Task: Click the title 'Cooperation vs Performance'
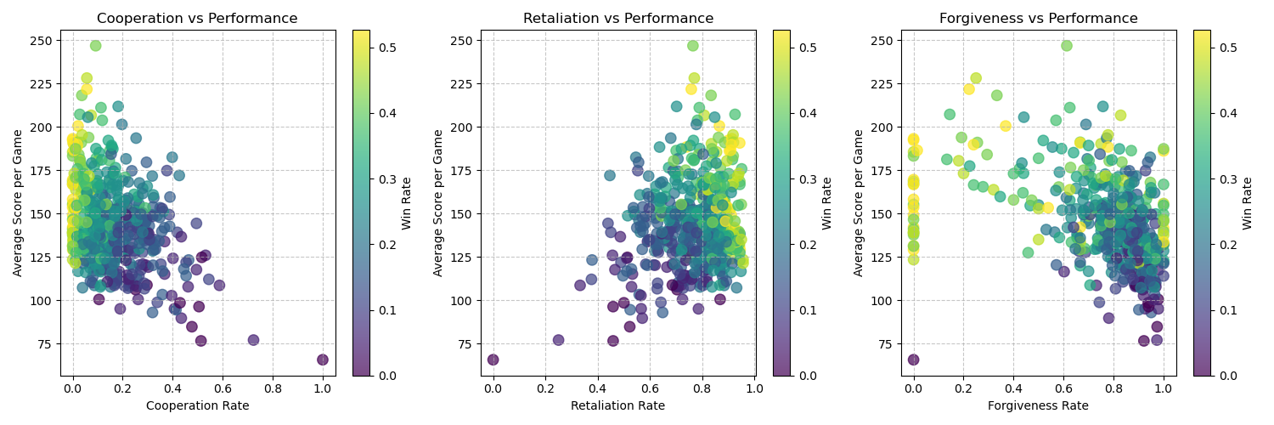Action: pos(197,19)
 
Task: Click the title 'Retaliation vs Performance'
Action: pos(617,19)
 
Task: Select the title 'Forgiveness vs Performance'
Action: pos(1038,19)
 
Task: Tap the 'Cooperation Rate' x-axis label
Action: pos(197,405)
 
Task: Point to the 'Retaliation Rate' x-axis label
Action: pos(617,405)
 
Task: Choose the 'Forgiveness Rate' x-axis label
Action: pos(1038,405)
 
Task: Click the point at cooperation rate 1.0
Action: pos(323,360)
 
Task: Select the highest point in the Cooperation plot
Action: pos(95,46)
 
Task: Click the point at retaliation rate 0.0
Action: pos(493,360)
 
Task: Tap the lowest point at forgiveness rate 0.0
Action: pos(913,360)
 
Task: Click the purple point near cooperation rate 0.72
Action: pos(253,340)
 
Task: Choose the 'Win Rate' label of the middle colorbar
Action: pos(827,203)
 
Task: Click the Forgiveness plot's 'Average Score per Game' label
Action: pos(859,203)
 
